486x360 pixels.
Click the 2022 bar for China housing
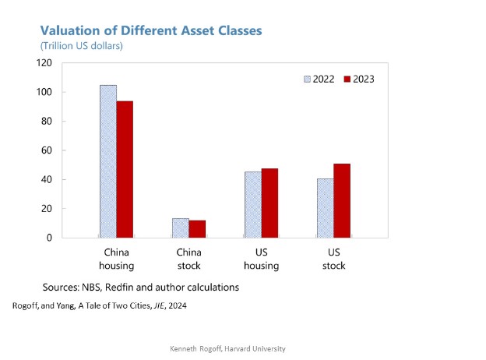(107, 161)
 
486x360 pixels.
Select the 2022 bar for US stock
(325, 208)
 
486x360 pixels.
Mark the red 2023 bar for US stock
(342, 200)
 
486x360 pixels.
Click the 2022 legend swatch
(307, 79)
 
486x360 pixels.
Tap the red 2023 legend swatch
(347, 79)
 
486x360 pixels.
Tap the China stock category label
(188, 259)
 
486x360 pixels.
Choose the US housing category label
(261, 259)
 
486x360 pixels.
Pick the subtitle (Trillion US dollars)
(81, 46)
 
